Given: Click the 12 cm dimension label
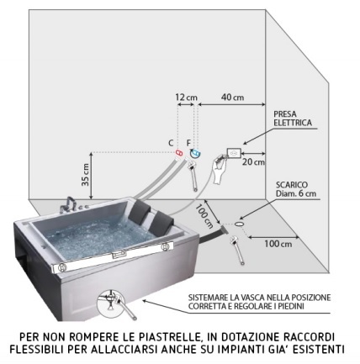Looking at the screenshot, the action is (x=187, y=98).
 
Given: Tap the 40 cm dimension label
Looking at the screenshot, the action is (x=232, y=98).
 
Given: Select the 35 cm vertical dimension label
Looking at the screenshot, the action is (x=86, y=174).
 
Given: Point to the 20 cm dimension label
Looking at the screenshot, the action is (x=253, y=162).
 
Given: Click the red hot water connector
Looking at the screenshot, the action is (x=179, y=153).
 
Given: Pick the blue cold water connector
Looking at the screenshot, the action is (x=195, y=153).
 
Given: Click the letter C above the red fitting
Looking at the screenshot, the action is (x=171, y=143).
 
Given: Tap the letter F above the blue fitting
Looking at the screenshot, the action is (x=188, y=143).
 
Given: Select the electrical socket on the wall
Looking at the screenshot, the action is (x=234, y=153).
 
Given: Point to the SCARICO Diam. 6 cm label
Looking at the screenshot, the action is (x=296, y=189).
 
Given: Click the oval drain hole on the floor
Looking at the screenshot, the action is (x=239, y=224).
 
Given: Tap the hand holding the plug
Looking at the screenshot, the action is (x=219, y=169).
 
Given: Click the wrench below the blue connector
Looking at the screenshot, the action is (x=193, y=176).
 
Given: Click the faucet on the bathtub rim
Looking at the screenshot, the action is (x=67, y=205).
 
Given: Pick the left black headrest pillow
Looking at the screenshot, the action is (x=139, y=210).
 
